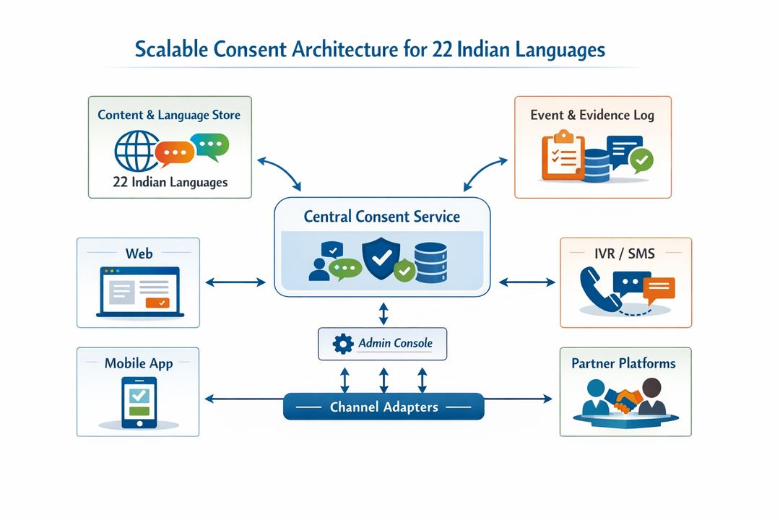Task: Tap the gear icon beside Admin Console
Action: (342, 344)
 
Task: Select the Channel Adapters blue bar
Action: (383, 407)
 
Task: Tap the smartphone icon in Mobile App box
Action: (139, 402)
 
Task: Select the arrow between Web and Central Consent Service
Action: (235, 282)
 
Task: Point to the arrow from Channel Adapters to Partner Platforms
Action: (517, 398)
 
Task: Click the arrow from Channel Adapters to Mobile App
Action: (244, 398)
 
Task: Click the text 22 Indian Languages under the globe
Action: (170, 182)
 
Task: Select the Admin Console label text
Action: (395, 343)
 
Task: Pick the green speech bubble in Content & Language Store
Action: (212, 146)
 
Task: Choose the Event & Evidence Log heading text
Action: (592, 116)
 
